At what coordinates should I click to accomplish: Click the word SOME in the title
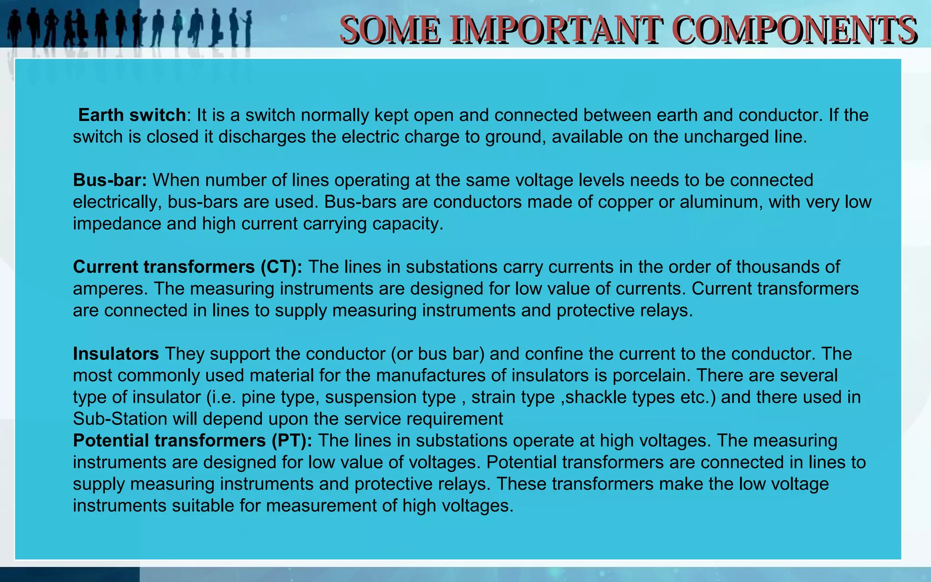(390, 30)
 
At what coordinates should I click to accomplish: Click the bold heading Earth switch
(132, 115)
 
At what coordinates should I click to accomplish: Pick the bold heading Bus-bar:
(110, 180)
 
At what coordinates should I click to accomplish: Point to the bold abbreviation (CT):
(281, 267)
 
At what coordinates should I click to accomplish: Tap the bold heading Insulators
(116, 354)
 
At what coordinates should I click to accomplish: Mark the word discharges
(262, 137)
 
